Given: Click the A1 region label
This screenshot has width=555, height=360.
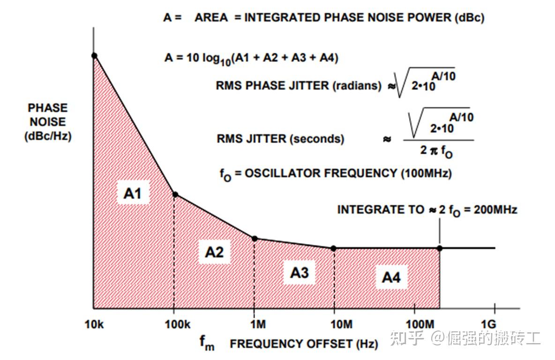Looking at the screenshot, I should tap(132, 193).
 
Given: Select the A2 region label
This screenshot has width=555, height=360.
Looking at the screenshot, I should tap(214, 252).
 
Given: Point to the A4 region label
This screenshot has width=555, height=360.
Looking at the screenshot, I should tap(391, 277).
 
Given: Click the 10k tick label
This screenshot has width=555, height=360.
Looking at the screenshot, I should tap(94, 325).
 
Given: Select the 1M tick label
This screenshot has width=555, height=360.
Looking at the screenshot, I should tap(254, 325).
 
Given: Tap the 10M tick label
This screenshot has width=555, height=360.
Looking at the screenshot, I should tap(334, 325).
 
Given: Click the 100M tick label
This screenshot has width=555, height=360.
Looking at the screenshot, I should tap(414, 325).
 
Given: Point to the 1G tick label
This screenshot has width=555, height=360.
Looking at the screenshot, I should tap(495, 325).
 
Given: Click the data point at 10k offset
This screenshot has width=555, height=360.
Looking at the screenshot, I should tap(94, 56).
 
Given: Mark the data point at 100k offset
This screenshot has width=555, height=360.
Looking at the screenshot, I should tap(175, 195).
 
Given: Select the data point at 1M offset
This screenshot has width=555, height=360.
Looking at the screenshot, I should tap(255, 239).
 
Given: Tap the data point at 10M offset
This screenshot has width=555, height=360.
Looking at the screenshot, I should tap(333, 248).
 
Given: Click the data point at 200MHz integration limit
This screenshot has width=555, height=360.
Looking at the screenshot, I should tap(440, 248).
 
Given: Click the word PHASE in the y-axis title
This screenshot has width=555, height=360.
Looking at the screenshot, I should tap(48, 108).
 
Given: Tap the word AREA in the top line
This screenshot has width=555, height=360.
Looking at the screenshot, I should tap(211, 18).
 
